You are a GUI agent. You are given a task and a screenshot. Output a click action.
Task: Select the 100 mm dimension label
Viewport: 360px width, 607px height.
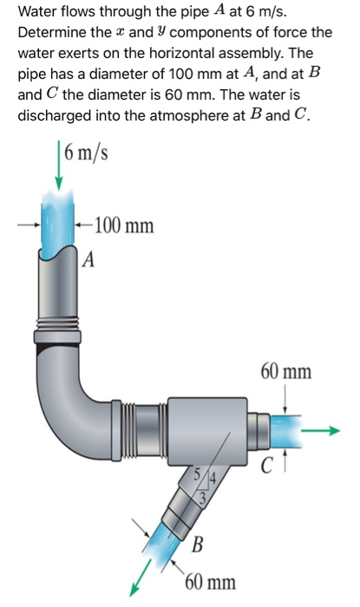(124, 226)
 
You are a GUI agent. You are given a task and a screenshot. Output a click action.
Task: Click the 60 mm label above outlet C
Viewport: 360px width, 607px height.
(285, 373)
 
